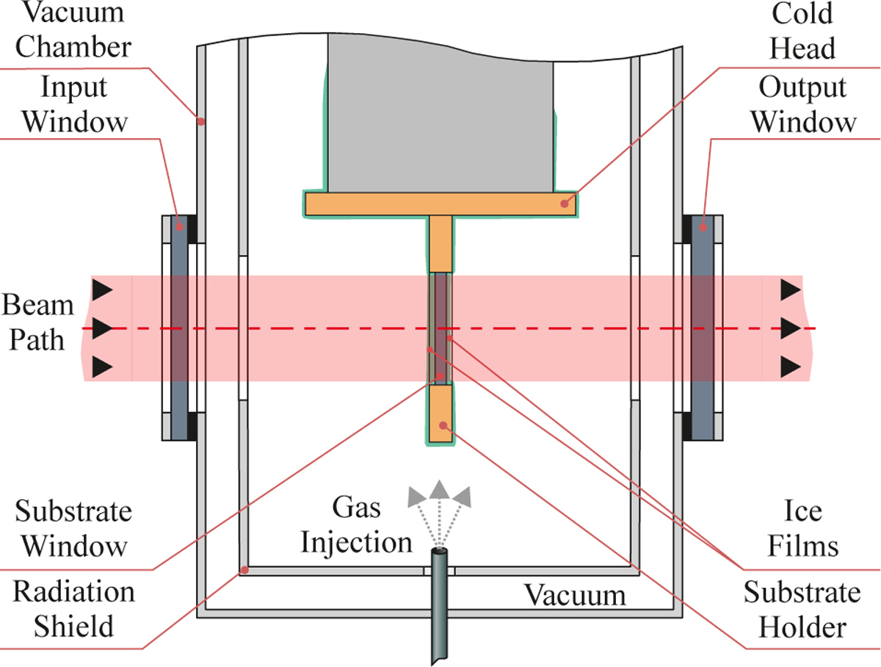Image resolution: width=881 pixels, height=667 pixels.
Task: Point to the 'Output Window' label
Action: click(803, 104)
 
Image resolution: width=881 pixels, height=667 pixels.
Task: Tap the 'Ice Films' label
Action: click(810, 529)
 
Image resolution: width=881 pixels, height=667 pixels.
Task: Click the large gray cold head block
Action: click(439, 110)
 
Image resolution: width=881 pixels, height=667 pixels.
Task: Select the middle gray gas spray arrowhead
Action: click(439, 490)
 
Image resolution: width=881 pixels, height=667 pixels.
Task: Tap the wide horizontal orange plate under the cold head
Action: click(439, 203)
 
